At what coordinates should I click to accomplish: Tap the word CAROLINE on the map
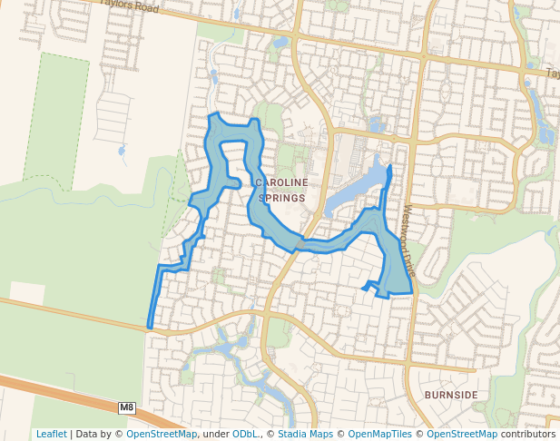click(281, 182)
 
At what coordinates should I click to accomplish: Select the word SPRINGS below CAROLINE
click(281, 197)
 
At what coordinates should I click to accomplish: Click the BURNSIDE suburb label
click(450, 396)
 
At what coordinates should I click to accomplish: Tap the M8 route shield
click(126, 408)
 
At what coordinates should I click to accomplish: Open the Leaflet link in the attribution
click(51, 434)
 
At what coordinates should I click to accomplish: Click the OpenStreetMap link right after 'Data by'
click(162, 434)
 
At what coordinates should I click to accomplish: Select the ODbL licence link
click(245, 434)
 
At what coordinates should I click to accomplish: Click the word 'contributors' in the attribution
click(528, 434)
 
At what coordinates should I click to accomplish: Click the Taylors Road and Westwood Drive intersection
click(423, 56)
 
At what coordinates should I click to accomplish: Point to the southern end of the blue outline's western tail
click(149, 326)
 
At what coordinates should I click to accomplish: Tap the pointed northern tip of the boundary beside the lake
click(389, 166)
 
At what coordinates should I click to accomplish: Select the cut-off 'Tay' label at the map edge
click(552, 73)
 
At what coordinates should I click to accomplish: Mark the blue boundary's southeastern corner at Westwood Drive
click(412, 292)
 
